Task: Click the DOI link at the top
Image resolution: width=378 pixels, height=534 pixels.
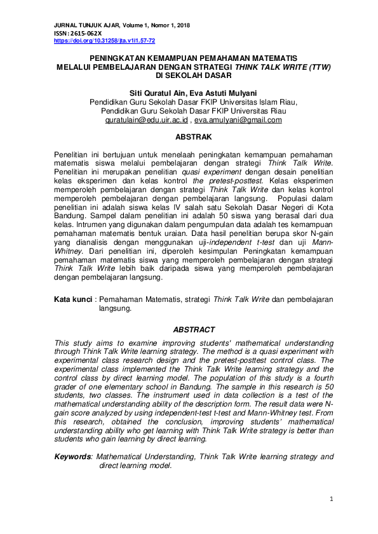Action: [105, 40]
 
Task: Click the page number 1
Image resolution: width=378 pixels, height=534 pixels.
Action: [331, 500]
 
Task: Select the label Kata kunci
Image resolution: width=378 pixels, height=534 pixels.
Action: [72, 298]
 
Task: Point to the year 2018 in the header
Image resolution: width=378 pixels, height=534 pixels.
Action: [182, 25]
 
